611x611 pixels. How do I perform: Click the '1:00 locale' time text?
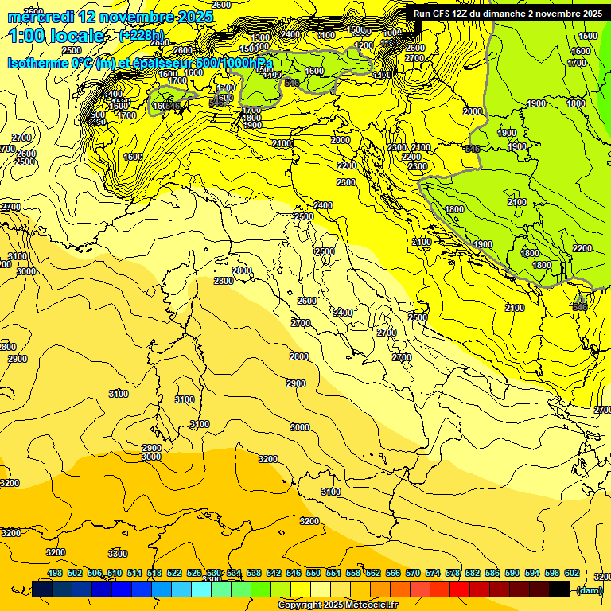click(x=56, y=36)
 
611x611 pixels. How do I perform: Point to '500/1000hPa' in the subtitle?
click(x=234, y=63)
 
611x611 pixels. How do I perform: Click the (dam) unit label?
click(x=589, y=590)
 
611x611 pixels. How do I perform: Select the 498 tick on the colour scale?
click(x=55, y=574)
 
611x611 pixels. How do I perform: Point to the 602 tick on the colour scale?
click(x=572, y=574)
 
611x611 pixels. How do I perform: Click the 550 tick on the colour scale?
click(x=313, y=574)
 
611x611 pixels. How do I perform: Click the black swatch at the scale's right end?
click(x=558, y=589)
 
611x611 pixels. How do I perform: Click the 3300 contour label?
click(x=118, y=554)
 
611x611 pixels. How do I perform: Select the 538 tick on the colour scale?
click(x=254, y=574)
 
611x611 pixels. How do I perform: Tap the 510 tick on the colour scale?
click(x=115, y=574)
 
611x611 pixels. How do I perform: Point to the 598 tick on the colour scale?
click(x=552, y=574)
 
